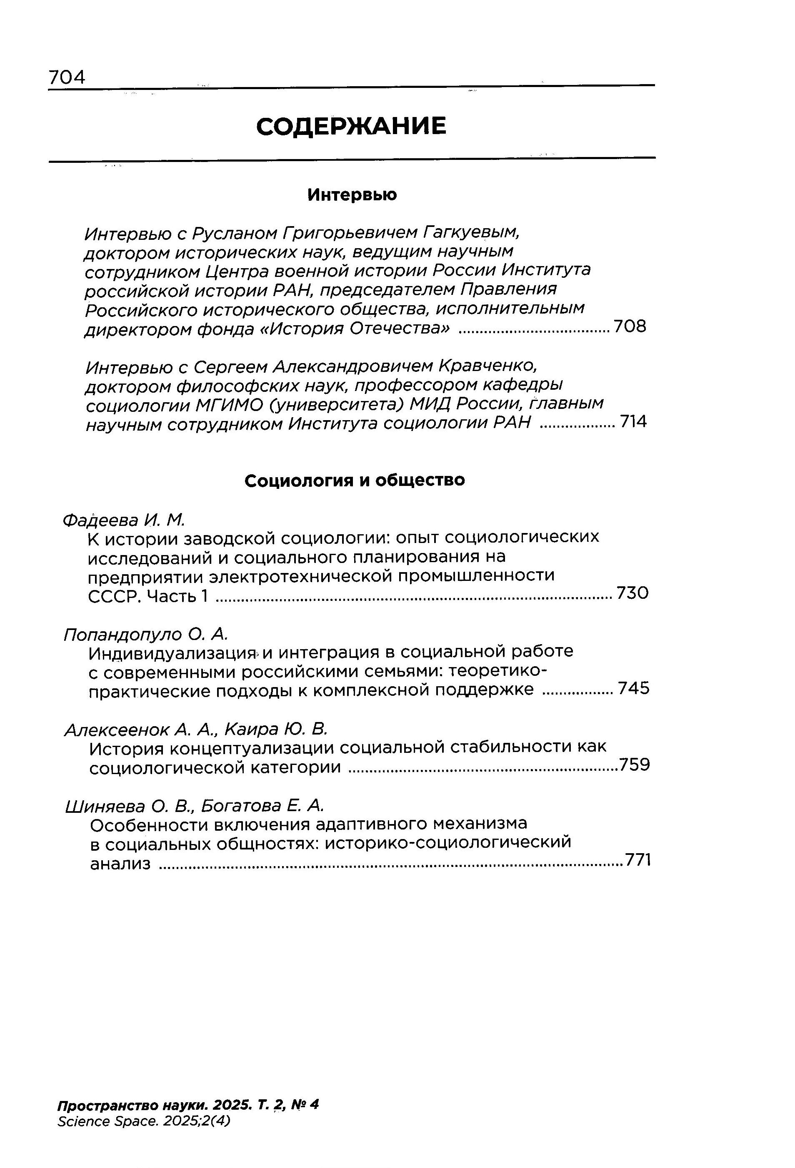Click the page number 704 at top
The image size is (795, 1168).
coord(67,77)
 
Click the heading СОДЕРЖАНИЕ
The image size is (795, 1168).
coord(351,126)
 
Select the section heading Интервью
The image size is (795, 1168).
coord(352,194)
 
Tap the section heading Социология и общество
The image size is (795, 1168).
coord(355,481)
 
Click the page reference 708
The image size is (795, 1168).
coord(630,327)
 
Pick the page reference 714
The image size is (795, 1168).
coord(633,422)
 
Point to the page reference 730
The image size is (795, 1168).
coord(632,593)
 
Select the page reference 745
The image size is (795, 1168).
coord(634,688)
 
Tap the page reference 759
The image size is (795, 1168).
coord(635,765)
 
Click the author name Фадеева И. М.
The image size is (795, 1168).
coord(124,520)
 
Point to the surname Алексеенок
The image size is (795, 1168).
coord(116,729)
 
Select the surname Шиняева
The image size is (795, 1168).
coord(105,806)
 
